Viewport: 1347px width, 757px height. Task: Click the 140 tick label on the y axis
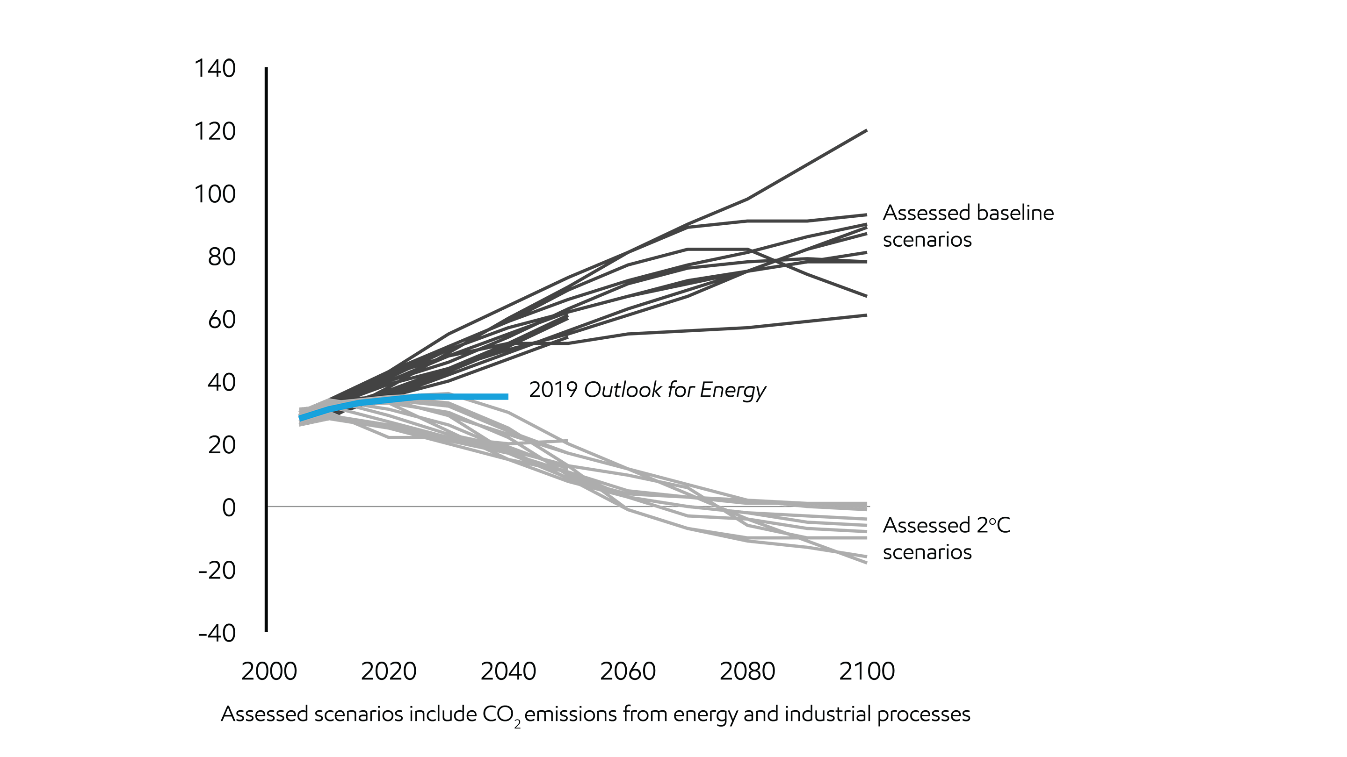click(x=215, y=68)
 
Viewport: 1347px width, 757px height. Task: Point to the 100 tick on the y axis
click(x=215, y=194)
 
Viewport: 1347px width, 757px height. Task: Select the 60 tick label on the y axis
click(x=222, y=320)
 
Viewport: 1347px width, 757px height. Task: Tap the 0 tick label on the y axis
click(x=229, y=508)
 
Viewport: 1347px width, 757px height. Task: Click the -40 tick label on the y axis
click(x=217, y=633)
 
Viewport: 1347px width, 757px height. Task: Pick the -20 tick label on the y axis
click(x=217, y=571)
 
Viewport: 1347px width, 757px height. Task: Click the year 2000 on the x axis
click(x=269, y=671)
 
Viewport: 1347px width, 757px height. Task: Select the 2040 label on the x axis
click(x=508, y=671)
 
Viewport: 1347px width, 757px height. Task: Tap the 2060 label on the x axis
click(x=628, y=671)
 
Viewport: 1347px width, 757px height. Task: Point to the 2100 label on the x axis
click(x=867, y=671)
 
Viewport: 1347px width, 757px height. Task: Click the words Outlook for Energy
click(x=674, y=390)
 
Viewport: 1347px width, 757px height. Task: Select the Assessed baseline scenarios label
click(x=967, y=226)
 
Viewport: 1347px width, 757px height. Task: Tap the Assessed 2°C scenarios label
click(x=947, y=538)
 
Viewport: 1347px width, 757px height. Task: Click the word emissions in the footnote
click(x=571, y=714)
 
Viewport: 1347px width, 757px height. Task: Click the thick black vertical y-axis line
click(x=266, y=350)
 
